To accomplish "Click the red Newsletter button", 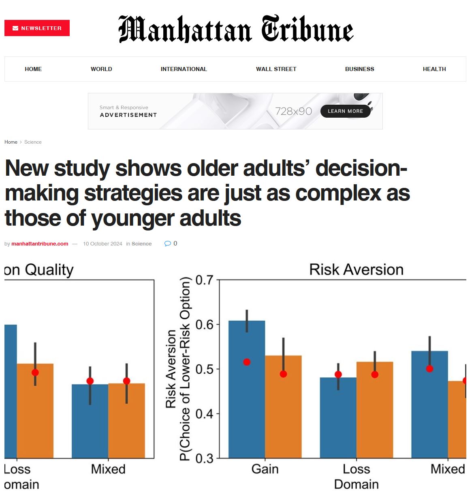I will (37, 28).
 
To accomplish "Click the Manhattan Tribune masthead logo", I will (236, 29).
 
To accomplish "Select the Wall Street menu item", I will (276, 69).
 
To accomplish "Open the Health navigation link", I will (434, 69).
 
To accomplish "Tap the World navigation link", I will (101, 69).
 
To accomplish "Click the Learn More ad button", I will (345, 111).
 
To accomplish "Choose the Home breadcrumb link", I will (11, 142).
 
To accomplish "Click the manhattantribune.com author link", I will (40, 244).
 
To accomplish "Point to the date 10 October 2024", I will (102, 244).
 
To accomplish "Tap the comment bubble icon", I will (168, 243).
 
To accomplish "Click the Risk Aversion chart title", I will (356, 269).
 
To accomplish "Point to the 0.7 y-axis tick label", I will (204, 280).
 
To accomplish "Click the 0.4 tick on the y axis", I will (204, 414).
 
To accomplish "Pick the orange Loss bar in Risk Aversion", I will (375, 418).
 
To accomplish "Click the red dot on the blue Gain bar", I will (247, 362).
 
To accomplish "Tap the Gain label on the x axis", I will (265, 469).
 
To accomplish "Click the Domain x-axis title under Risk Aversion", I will (356, 485).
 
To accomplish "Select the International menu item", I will (184, 69).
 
